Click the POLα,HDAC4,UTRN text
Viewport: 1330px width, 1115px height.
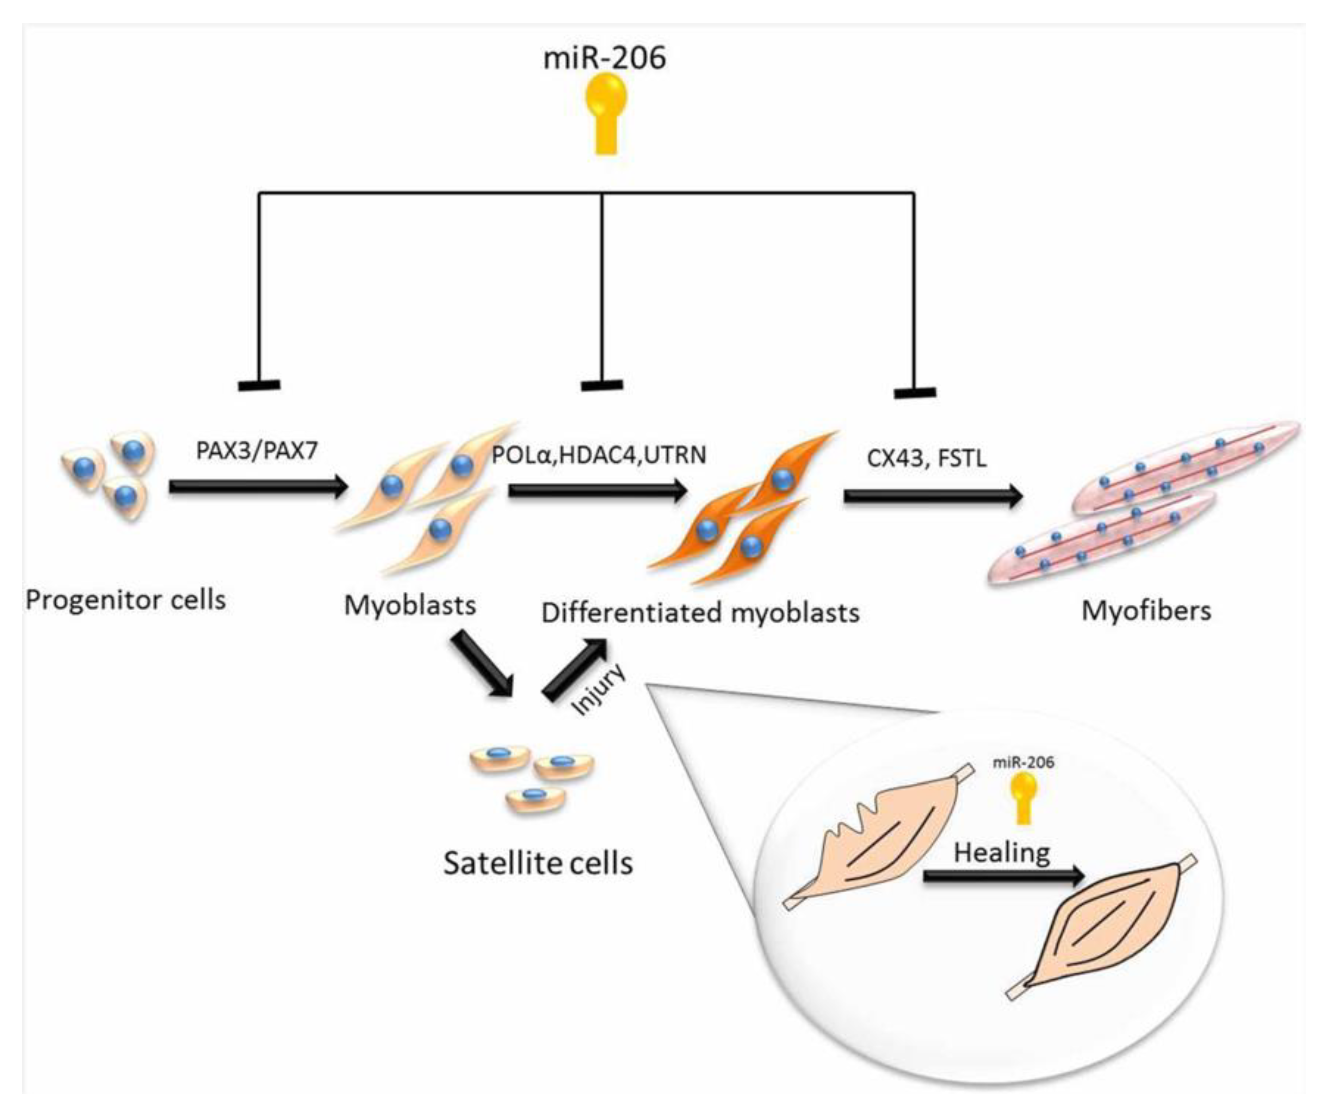pyautogui.click(x=599, y=455)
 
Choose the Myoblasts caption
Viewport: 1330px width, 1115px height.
pyautogui.click(x=410, y=605)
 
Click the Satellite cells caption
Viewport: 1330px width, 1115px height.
pyautogui.click(x=538, y=863)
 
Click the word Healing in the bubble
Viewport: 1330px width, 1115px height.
pyautogui.click(x=1002, y=852)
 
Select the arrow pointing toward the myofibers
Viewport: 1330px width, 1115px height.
pyautogui.click(x=933, y=497)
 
